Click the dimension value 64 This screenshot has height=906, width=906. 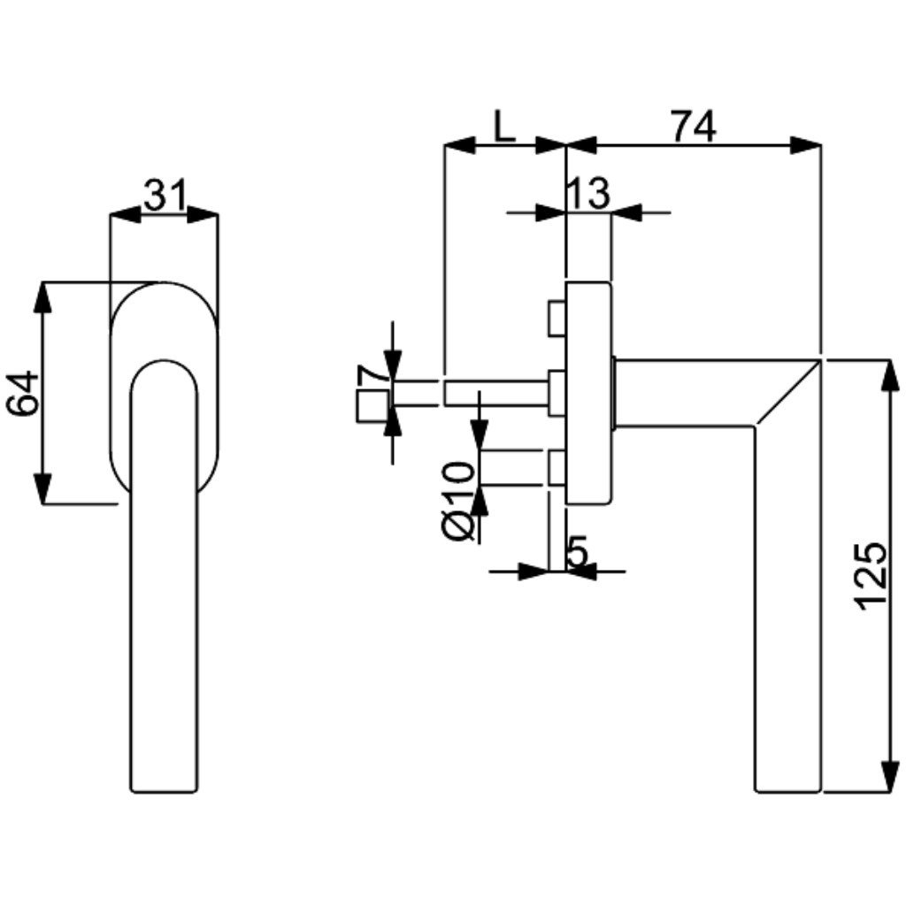pos(24,393)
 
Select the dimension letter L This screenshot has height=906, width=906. pos(504,127)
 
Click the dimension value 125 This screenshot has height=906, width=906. pos(871,575)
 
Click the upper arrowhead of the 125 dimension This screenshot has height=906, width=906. pos(887,375)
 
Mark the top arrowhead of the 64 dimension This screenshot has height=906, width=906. pos(42,298)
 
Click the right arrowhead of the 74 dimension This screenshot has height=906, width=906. pos(805,145)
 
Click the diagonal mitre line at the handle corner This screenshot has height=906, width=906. pos(787,394)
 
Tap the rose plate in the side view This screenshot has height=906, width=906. pos(587,393)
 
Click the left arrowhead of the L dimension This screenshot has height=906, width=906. pos(459,145)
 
